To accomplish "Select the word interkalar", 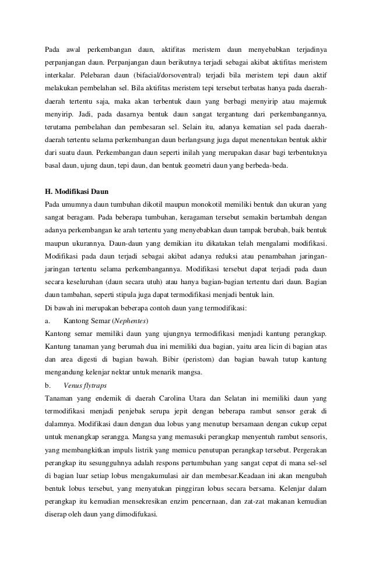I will tap(61, 76).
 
